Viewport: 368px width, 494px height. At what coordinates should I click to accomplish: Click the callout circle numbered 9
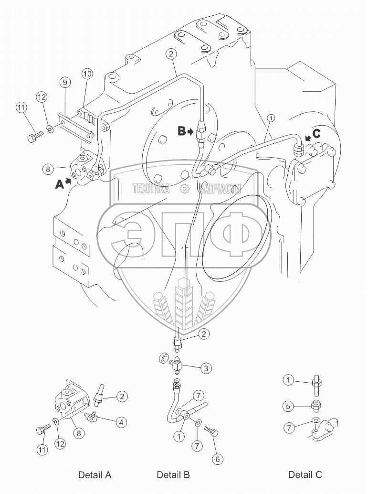tap(65, 82)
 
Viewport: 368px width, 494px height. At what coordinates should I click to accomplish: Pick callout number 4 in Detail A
tap(122, 422)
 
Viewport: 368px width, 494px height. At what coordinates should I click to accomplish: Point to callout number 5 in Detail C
tap(287, 407)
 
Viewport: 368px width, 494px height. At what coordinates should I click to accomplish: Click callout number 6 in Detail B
tap(217, 460)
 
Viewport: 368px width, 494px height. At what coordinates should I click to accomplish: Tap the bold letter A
tap(60, 184)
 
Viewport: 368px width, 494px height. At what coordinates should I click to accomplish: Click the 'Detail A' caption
tap(95, 475)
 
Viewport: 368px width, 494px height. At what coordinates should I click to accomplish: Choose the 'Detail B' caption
tap(173, 475)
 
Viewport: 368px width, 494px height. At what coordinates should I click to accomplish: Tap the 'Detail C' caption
tap(305, 475)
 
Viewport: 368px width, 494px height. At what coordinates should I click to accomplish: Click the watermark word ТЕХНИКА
tap(151, 189)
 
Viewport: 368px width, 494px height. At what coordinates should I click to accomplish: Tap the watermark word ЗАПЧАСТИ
tap(220, 189)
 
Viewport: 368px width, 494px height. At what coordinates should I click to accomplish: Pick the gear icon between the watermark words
tap(184, 189)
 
